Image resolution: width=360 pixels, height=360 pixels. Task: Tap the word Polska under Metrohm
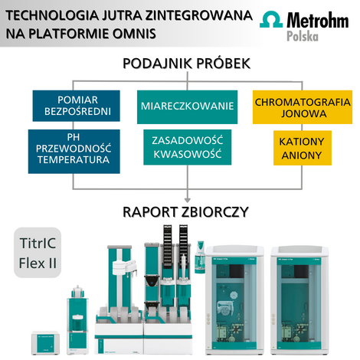click(303, 36)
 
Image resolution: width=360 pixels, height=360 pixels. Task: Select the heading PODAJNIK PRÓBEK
click(187, 64)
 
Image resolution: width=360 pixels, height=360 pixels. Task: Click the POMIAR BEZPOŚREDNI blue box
click(77, 106)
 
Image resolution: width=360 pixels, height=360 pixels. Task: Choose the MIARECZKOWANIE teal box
click(187, 107)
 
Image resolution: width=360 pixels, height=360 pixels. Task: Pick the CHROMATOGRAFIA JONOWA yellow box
click(303, 107)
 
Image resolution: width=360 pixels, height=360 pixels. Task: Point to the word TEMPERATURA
click(74, 160)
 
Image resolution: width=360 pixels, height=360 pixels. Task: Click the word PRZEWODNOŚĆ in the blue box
click(74, 148)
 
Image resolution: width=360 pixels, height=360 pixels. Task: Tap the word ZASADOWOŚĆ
click(188, 140)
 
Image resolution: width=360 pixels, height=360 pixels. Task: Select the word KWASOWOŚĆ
click(188, 154)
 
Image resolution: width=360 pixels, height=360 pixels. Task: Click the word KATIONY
click(302, 142)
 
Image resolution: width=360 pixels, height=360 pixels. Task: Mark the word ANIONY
click(302, 155)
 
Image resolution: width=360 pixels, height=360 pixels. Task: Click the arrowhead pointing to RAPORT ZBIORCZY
click(188, 200)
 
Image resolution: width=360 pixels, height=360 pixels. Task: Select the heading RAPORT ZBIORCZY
click(185, 212)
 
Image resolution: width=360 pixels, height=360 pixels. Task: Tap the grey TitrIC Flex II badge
click(38, 253)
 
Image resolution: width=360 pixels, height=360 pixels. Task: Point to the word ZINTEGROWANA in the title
click(199, 15)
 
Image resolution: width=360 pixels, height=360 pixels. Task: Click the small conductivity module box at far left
click(46, 343)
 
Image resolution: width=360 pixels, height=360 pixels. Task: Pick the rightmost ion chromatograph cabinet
click(299, 301)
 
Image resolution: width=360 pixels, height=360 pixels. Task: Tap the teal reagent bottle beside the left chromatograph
click(200, 257)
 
